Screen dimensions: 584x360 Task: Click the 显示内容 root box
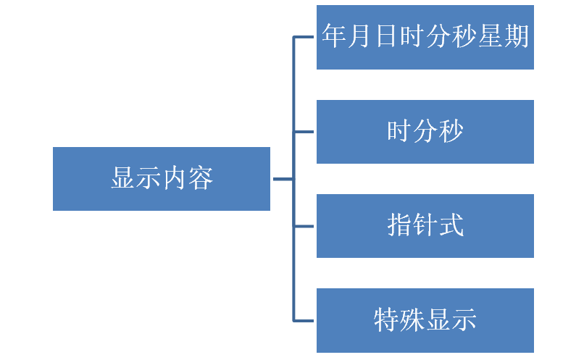click(x=162, y=179)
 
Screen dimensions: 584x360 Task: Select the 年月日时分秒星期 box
click(x=425, y=37)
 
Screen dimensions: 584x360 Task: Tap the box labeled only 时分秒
click(x=425, y=132)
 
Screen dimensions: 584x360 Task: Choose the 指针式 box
click(x=425, y=226)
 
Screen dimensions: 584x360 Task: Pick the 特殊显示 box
click(x=425, y=320)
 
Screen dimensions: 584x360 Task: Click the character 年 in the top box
click(x=335, y=35)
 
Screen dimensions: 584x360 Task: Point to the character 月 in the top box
click(x=360, y=35)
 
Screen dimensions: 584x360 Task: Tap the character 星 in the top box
click(x=490, y=35)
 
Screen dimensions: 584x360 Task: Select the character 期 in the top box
click(x=516, y=35)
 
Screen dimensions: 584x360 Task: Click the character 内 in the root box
click(x=175, y=178)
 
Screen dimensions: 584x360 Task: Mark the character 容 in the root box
click(x=200, y=178)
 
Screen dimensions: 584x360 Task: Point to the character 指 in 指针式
click(x=399, y=225)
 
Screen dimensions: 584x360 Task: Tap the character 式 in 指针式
click(x=451, y=225)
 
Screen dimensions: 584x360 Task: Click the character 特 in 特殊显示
click(x=386, y=319)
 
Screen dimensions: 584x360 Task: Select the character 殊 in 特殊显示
click(x=412, y=319)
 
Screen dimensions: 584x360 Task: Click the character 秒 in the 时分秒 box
click(x=451, y=130)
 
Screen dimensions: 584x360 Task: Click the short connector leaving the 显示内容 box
click(x=283, y=179)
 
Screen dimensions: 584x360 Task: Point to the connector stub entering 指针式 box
click(x=304, y=226)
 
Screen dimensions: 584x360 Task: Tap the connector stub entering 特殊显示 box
click(x=304, y=321)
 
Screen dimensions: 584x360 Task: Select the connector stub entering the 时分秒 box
click(x=304, y=132)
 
